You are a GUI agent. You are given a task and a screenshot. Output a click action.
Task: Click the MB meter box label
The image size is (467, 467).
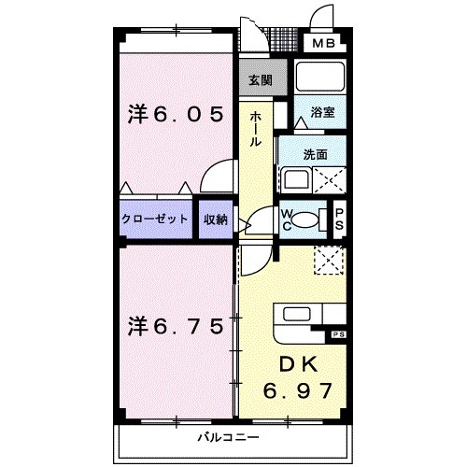click(324, 43)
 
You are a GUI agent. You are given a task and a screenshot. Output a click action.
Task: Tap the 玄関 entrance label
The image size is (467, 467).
click(261, 80)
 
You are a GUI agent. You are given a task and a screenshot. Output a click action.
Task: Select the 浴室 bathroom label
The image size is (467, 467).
click(322, 112)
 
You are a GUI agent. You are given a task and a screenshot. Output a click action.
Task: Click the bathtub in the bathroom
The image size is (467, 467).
click(320, 77)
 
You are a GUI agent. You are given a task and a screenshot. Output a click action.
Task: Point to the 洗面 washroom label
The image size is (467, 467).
click(316, 154)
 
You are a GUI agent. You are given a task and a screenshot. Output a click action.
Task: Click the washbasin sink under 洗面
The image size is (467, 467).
click(296, 180)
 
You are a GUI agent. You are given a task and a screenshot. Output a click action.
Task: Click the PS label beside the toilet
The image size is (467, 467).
click(339, 219)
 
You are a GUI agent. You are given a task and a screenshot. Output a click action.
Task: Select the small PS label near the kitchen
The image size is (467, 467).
click(339, 335)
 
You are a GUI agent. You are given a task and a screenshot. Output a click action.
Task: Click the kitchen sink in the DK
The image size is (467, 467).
click(296, 314)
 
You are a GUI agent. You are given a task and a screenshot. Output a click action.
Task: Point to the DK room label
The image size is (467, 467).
click(299, 364)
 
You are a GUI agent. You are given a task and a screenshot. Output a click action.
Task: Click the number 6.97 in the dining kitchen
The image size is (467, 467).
click(297, 390)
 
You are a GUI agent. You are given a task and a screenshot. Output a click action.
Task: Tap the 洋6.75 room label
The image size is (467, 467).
click(176, 327)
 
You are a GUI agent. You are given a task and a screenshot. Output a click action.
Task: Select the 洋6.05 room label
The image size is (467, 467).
click(176, 114)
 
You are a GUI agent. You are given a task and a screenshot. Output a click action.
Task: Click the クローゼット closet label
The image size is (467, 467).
click(155, 219)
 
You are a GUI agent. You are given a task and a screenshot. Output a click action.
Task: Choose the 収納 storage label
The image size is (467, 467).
click(216, 219)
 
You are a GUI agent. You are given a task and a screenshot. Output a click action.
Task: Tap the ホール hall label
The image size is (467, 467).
click(255, 129)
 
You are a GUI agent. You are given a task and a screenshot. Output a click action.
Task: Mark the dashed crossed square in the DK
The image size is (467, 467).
click(330, 261)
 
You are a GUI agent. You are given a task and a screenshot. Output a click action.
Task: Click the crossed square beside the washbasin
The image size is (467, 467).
click(330, 180)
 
